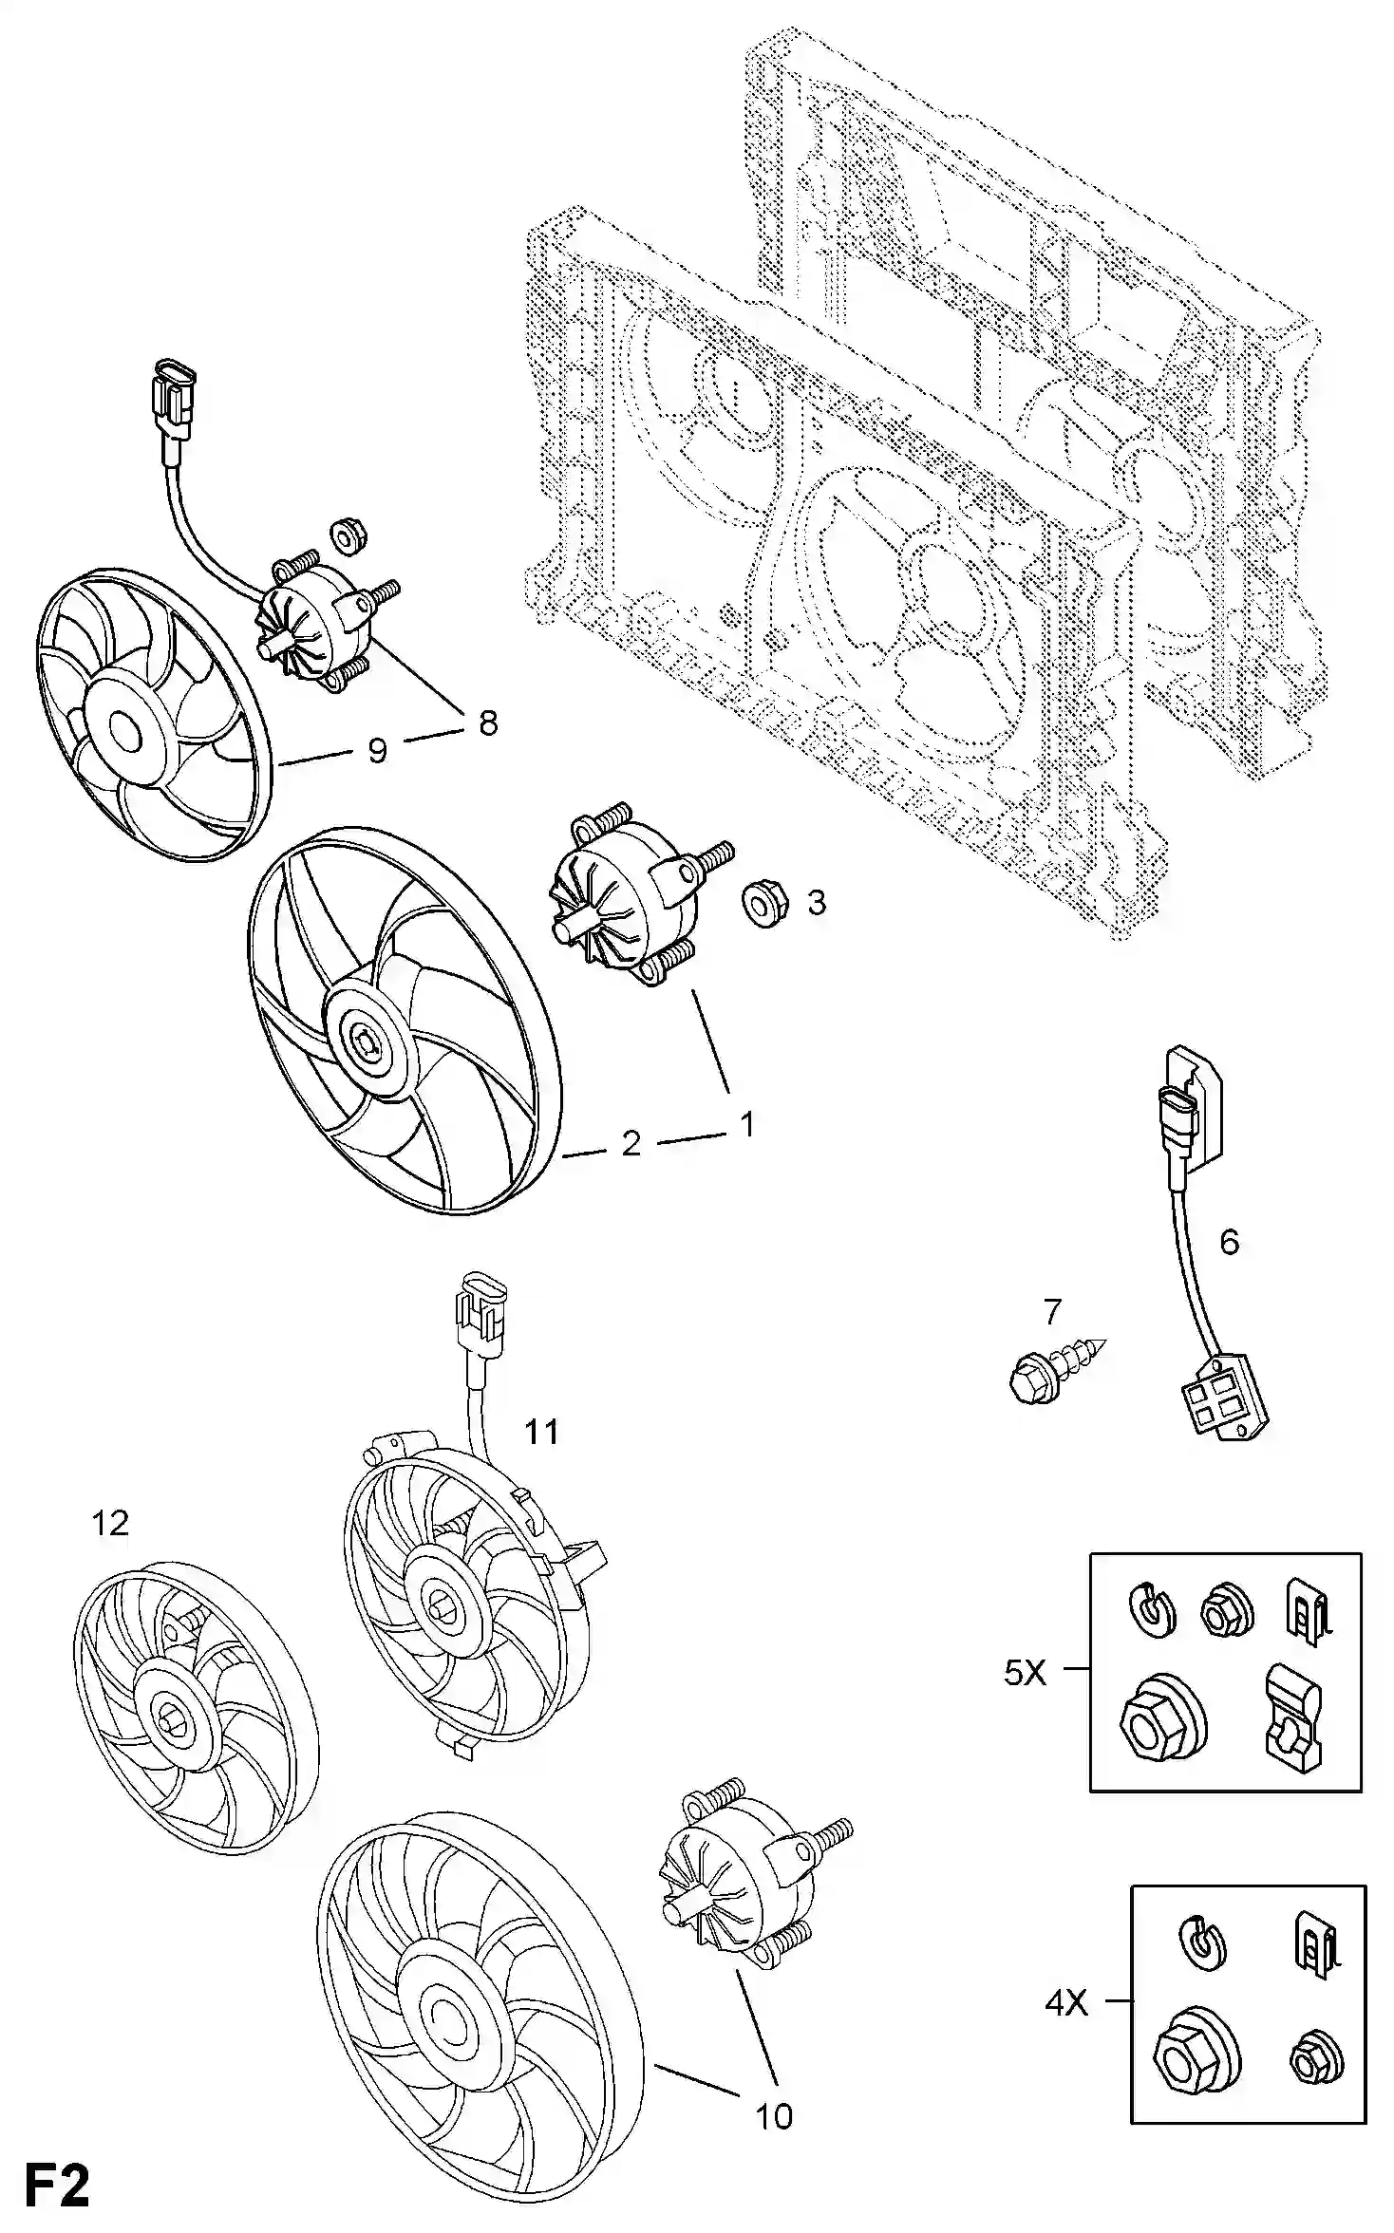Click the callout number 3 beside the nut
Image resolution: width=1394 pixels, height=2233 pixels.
click(817, 902)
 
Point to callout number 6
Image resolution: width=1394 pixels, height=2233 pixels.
click(1229, 1241)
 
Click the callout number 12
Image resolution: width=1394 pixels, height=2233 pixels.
click(110, 1523)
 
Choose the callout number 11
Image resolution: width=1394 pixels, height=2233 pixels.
click(542, 1431)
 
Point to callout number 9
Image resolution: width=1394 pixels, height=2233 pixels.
click(378, 751)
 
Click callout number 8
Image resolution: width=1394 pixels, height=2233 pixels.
click(488, 723)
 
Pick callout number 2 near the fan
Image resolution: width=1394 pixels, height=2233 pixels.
click(631, 1143)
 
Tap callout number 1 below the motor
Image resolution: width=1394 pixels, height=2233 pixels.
click(748, 1124)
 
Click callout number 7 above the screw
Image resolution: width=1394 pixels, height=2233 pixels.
click(1051, 1311)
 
